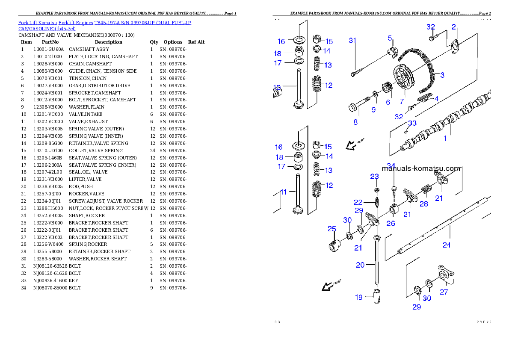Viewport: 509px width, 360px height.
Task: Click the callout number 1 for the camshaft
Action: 445,139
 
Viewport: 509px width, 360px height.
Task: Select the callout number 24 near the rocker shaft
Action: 447,245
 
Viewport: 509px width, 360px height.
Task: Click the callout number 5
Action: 390,38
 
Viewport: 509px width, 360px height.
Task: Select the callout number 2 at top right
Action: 454,27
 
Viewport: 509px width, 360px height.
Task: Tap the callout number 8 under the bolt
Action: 355,122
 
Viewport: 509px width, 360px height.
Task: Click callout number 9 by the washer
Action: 373,110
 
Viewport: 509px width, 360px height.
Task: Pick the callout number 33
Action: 412,123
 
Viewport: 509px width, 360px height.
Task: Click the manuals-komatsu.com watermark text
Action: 421,168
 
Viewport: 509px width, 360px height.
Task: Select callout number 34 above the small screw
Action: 391,165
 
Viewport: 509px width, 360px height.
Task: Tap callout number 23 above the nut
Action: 374,177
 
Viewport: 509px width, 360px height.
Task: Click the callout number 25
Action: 332,229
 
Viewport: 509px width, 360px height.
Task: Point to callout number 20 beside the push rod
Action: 360,265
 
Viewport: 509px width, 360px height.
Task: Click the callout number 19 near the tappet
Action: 358,297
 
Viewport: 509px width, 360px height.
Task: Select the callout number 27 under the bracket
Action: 444,292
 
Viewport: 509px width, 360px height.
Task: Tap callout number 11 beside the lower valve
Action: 283,192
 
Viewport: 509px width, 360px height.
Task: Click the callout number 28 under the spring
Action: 423,204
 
